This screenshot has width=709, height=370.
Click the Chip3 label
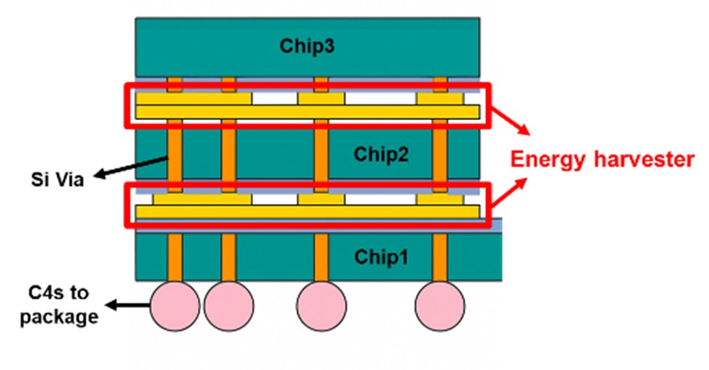(x=308, y=46)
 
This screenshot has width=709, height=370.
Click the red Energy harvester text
(x=603, y=159)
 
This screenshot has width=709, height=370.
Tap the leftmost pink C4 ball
(x=175, y=306)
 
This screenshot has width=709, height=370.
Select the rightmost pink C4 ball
(x=440, y=306)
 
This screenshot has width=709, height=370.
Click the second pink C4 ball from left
(x=228, y=306)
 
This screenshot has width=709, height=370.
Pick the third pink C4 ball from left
(x=321, y=306)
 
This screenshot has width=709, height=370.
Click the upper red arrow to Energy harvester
(x=510, y=122)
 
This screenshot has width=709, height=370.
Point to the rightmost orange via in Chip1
(x=440, y=257)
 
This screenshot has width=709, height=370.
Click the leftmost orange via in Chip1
(x=174, y=257)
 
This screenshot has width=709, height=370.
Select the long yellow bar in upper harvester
(x=307, y=112)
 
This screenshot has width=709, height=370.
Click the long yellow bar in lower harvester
(x=307, y=212)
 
